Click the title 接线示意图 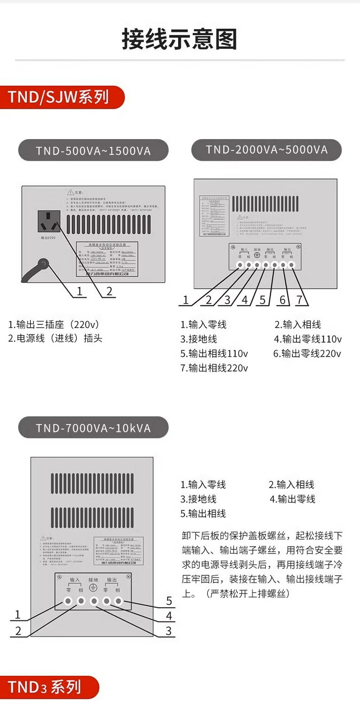click(x=180, y=39)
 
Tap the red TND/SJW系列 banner click(x=59, y=97)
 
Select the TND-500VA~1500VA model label click(x=93, y=151)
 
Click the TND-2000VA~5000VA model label click(x=266, y=150)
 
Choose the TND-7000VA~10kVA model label click(x=93, y=428)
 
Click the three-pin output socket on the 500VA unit click(x=49, y=221)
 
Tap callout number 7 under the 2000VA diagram click(x=299, y=300)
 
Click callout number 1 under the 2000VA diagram click(x=186, y=300)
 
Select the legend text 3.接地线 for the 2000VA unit click(x=198, y=339)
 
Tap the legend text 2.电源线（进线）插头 click(x=55, y=338)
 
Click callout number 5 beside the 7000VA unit click(x=169, y=601)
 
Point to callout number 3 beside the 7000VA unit click(x=169, y=631)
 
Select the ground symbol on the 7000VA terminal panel click(x=93, y=588)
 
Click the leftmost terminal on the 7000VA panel click(x=68, y=601)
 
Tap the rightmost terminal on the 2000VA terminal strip click(x=291, y=265)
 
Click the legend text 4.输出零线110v click(x=308, y=339)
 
